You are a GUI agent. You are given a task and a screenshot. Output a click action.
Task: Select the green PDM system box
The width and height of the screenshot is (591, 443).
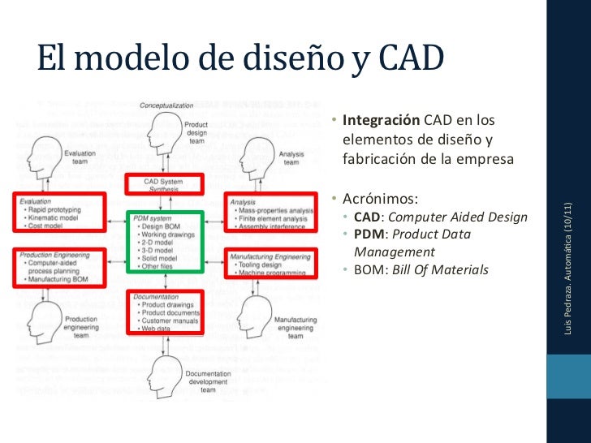166,241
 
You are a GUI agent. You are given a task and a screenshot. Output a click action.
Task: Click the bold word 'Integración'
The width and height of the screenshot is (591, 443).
381,121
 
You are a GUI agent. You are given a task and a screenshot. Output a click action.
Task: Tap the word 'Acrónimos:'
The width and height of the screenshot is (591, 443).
381,198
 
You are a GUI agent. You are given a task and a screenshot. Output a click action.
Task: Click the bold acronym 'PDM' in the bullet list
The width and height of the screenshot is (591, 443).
369,234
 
